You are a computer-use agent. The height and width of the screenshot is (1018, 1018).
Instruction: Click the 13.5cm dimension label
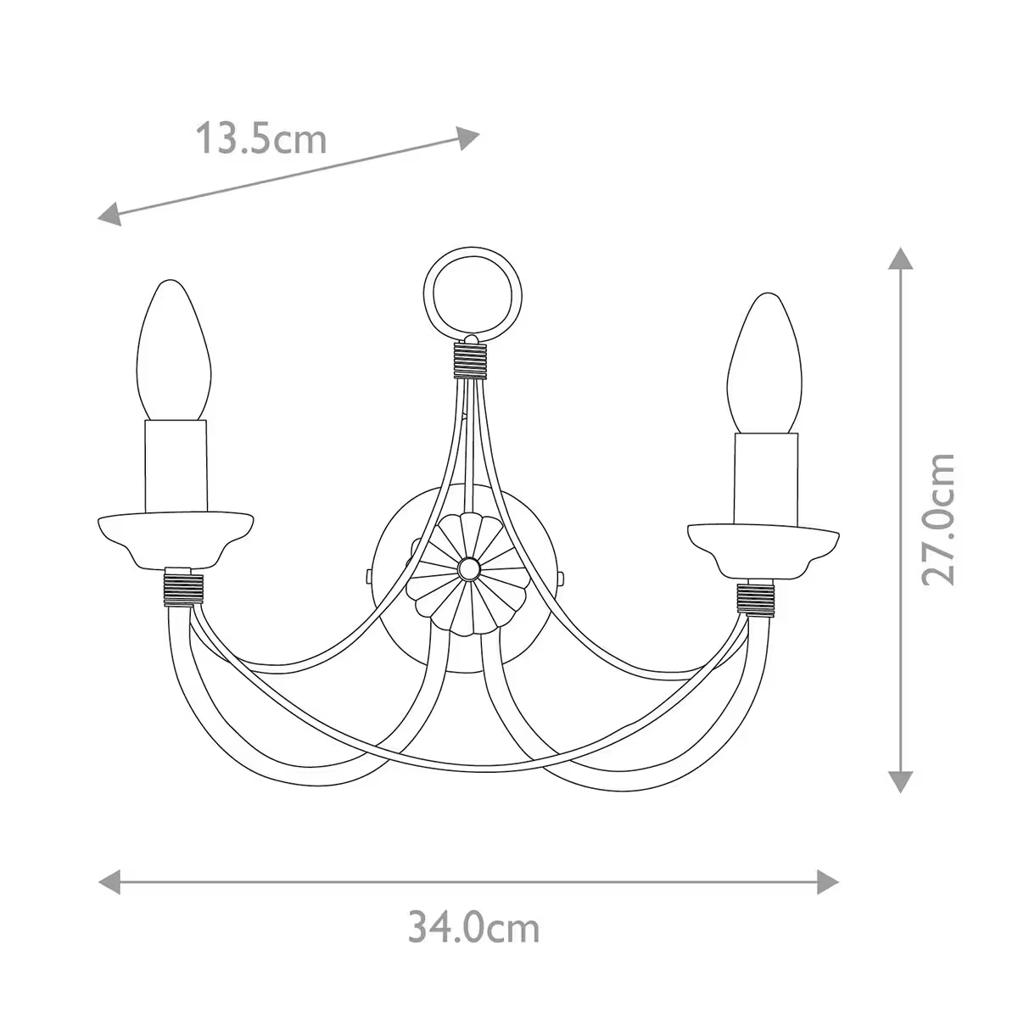pos(261,138)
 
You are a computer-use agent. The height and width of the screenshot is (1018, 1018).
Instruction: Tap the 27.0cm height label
pos(940,518)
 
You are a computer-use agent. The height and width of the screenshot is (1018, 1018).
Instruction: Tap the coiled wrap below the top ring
pos(473,358)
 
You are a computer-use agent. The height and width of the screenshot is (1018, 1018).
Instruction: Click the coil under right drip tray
pos(758,597)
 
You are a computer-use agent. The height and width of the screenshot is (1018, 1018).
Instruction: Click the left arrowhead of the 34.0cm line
pos(110,881)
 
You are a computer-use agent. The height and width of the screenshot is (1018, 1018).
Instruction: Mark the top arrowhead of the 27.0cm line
pos(900,258)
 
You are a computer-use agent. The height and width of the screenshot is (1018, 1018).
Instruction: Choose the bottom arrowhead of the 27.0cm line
pos(900,781)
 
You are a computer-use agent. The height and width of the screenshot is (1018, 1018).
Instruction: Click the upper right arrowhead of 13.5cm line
pos(468,137)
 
